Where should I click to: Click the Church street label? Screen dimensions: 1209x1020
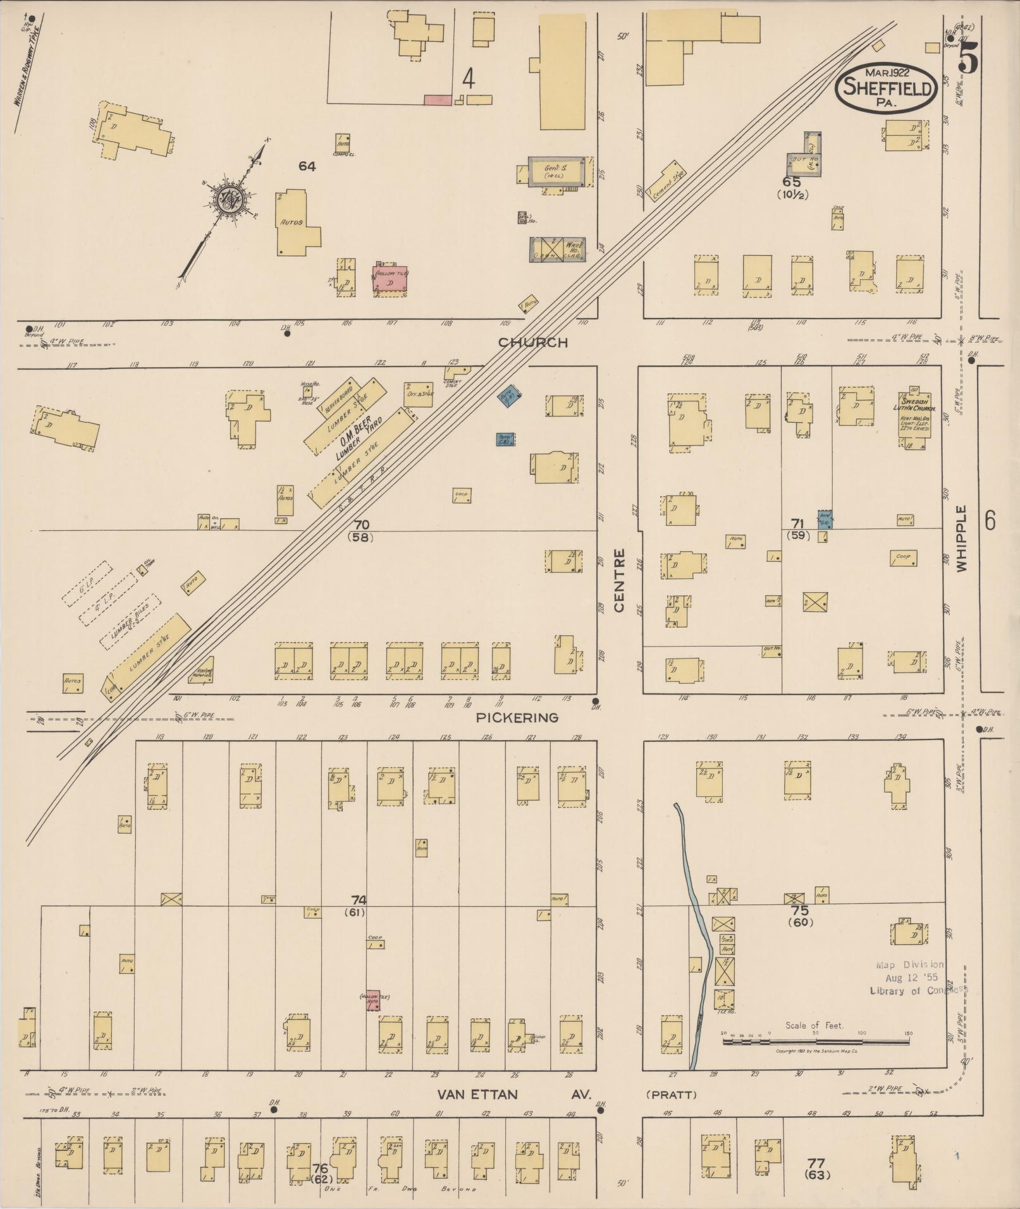[532, 343]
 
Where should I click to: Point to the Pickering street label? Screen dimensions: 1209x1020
[517, 717]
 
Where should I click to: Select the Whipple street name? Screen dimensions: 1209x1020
[962, 538]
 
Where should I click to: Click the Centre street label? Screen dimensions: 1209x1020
[619, 580]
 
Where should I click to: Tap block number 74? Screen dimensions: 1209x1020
[359, 899]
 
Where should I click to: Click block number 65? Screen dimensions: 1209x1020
[791, 182]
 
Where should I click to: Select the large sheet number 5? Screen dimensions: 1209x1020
[968, 60]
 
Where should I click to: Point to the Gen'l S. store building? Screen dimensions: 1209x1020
[555, 171]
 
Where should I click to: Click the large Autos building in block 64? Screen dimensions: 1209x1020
[292, 222]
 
